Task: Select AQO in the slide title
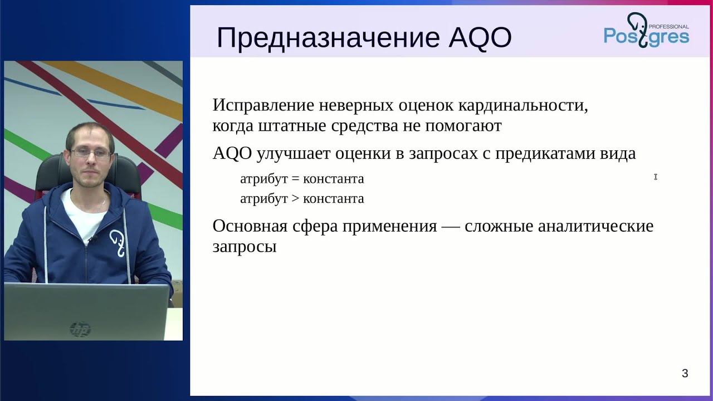(x=480, y=38)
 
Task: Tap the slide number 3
(x=685, y=374)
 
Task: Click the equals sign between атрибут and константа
(x=295, y=179)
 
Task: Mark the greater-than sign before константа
(x=295, y=199)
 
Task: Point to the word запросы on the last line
(x=245, y=247)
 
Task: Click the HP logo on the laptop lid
(x=80, y=329)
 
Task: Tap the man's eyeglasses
(x=91, y=153)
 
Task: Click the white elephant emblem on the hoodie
(x=118, y=242)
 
